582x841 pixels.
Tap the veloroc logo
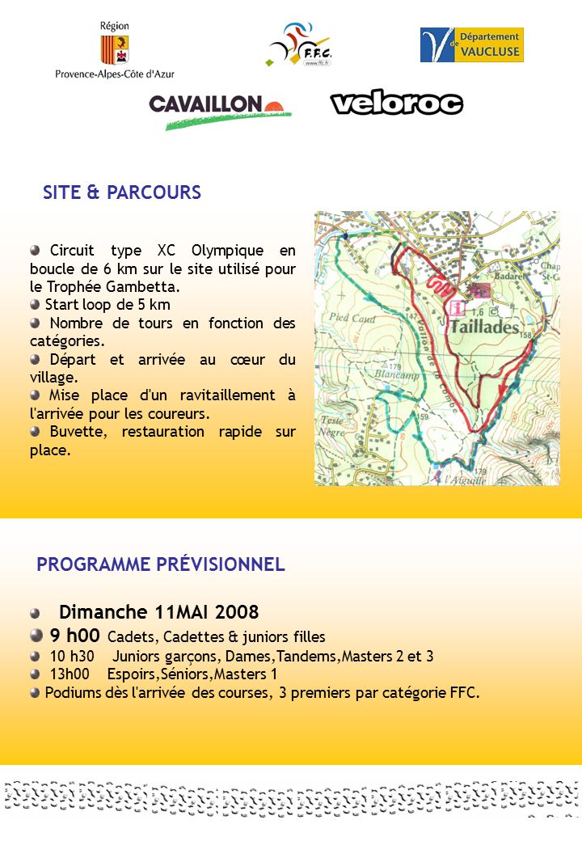coord(396,103)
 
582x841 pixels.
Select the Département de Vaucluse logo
coord(471,45)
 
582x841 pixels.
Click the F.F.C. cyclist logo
coord(300,45)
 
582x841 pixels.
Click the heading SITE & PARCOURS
coord(122,192)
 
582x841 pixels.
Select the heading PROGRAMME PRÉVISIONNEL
coord(161,564)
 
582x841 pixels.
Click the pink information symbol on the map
coord(458,308)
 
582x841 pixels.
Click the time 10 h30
coord(72,656)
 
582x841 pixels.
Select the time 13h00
coord(70,674)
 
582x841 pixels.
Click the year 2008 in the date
coord(238,611)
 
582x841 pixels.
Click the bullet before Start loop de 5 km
coord(35,304)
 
